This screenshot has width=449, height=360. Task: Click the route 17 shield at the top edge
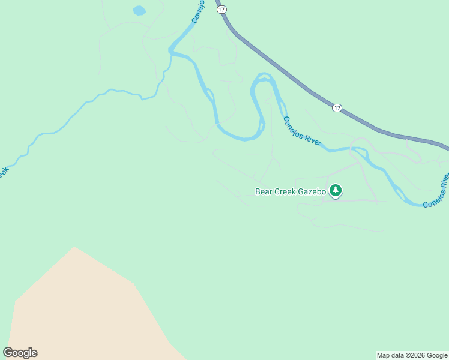(221, 10)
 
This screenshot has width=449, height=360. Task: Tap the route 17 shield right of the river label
(337, 108)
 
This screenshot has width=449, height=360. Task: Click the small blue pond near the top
(139, 11)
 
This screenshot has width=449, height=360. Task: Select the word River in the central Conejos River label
(312, 140)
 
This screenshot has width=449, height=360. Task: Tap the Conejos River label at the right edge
(436, 193)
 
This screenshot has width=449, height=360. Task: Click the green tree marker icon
(335, 191)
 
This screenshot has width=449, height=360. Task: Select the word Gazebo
(311, 192)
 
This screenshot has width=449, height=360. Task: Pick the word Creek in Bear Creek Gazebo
(285, 192)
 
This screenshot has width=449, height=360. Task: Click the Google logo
(20, 353)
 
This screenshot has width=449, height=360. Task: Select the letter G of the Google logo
(8, 353)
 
